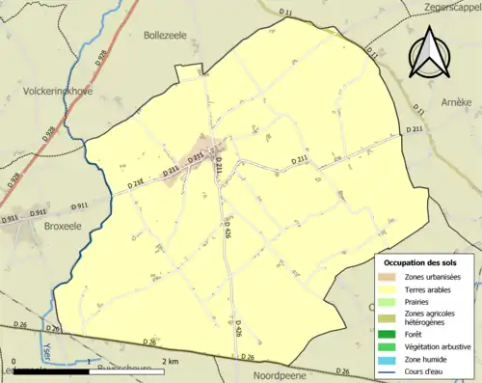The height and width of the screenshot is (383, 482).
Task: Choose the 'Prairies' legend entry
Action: [x=418, y=301]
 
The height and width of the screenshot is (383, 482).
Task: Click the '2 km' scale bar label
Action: [x=170, y=361]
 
